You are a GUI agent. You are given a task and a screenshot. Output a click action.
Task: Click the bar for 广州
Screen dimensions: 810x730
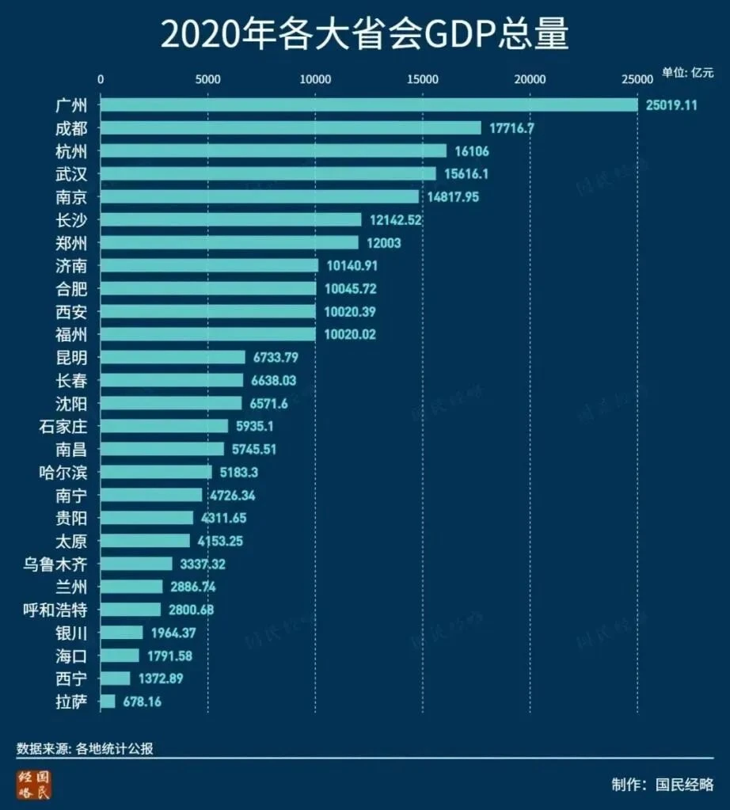[x=368, y=105]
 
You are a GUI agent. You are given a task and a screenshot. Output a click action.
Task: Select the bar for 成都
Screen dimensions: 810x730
[x=291, y=127]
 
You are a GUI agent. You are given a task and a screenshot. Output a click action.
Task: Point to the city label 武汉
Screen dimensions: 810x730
[x=72, y=173]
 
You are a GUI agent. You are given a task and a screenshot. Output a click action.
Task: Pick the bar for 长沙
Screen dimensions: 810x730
[x=230, y=219]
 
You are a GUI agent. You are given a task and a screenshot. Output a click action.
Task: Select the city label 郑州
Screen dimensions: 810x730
[x=72, y=242]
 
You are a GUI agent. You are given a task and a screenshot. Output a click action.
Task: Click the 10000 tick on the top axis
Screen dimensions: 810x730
[x=315, y=79]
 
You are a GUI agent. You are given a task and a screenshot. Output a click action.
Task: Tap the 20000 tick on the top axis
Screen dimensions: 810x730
[x=530, y=79]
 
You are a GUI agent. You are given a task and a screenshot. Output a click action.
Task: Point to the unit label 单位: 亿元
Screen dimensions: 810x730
[x=687, y=72]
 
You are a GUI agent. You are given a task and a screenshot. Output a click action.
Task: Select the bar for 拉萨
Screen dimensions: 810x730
[x=108, y=702]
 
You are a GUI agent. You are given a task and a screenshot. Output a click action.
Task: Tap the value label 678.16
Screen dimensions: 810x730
[x=143, y=702]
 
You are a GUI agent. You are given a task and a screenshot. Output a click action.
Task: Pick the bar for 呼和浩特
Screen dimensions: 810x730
[x=131, y=610]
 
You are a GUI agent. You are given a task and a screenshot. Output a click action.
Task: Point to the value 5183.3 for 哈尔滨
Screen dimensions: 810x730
[x=239, y=472]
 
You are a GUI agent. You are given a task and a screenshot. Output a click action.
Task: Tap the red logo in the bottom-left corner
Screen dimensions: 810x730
[x=34, y=784]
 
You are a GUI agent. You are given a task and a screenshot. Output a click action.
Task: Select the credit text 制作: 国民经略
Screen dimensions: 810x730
[x=662, y=785]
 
